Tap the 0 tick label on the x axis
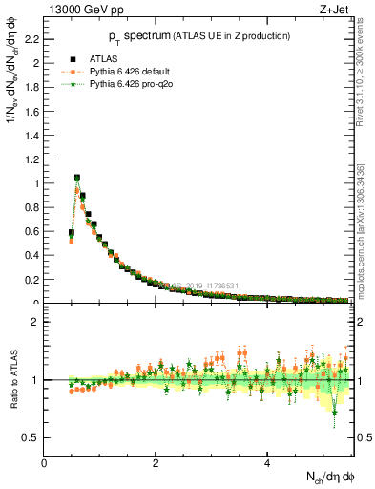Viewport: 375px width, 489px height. click(44, 463)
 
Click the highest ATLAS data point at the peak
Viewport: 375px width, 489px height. click(77, 178)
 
